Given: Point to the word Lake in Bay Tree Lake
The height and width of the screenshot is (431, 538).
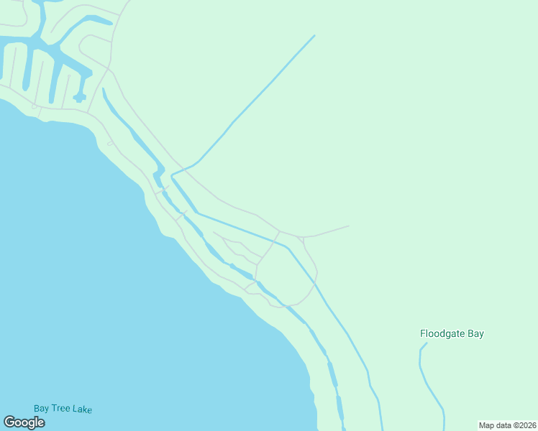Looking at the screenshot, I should click(x=82, y=409).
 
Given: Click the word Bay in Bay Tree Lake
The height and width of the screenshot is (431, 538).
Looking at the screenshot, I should click(x=42, y=409).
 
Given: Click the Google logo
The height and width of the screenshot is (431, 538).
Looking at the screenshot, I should click(x=24, y=422).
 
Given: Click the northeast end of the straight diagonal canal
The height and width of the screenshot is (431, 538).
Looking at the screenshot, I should click(x=314, y=35).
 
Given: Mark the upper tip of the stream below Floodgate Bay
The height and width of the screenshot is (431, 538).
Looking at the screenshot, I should click(x=426, y=343).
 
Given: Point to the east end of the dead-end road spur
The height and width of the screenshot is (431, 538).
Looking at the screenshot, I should click(x=349, y=226).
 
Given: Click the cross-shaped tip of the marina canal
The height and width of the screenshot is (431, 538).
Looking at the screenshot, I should click(x=79, y=97).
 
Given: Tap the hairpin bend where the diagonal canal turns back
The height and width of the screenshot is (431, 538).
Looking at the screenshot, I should click(x=173, y=175).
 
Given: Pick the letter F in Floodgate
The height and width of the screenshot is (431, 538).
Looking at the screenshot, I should click(x=423, y=334).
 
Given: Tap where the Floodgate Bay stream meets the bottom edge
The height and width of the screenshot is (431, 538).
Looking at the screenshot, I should click(x=444, y=429).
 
